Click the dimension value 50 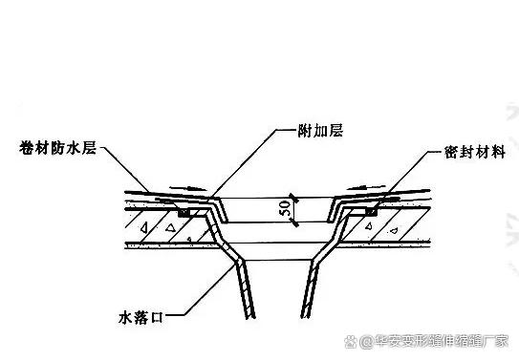click(283, 212)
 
